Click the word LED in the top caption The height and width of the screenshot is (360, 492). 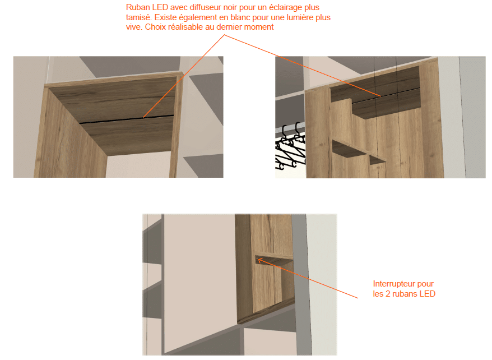(x=160, y=7)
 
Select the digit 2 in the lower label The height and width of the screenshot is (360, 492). (x=388, y=294)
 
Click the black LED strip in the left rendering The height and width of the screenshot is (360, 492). (x=127, y=119)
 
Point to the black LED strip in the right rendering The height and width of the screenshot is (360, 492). (x=386, y=95)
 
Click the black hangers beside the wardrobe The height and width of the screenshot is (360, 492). (x=290, y=146)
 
